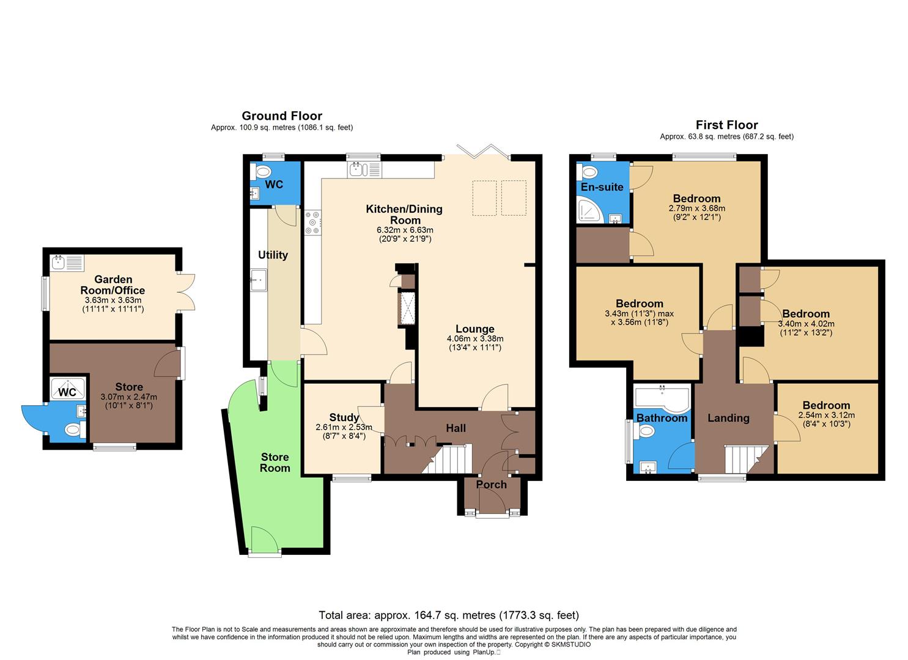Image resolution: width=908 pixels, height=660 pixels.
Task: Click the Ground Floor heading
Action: tap(282, 116)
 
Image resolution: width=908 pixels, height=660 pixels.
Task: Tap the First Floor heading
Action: tap(726, 125)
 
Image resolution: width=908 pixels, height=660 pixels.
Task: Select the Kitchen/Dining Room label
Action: tap(404, 215)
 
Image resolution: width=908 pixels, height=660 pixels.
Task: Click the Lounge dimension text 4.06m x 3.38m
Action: tap(475, 339)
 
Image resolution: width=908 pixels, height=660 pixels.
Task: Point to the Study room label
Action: tap(344, 418)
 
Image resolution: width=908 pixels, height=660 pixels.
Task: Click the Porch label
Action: tap(491, 485)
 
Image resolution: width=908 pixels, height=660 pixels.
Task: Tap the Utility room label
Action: tap(273, 255)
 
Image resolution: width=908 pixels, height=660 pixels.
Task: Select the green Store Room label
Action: tap(275, 463)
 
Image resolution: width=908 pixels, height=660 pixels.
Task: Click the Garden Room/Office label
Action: tap(113, 285)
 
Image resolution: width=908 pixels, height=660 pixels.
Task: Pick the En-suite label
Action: tap(602, 187)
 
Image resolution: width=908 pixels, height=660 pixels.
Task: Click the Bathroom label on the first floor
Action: tap(662, 418)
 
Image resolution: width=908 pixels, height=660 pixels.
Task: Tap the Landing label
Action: tap(728, 418)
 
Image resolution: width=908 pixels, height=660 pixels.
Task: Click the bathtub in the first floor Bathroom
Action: tap(662, 397)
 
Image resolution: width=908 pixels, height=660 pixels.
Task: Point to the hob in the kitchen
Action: tap(312, 222)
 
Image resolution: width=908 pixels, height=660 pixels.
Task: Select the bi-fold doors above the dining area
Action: tap(484, 151)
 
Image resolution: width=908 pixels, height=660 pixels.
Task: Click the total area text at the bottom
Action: tap(448, 615)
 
